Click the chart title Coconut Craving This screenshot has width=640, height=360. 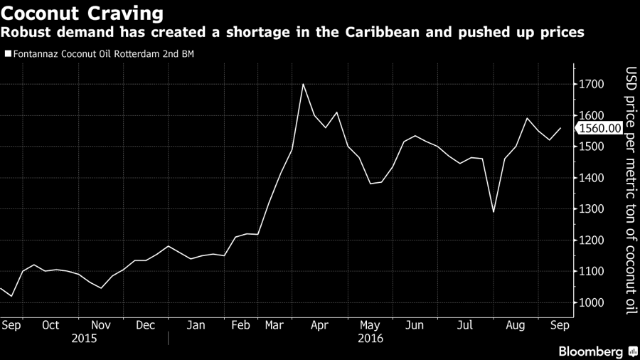click(82, 14)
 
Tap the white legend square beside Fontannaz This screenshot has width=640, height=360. click(8, 53)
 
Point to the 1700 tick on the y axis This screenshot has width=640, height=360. click(592, 85)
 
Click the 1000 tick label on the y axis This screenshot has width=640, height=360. click(592, 303)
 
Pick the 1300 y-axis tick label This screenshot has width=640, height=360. click(592, 209)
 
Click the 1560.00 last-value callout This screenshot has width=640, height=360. click(600, 129)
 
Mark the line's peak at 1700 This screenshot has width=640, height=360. click(304, 84)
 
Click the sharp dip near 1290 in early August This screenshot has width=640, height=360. click(494, 212)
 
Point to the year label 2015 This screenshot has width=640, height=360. click(85, 339)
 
